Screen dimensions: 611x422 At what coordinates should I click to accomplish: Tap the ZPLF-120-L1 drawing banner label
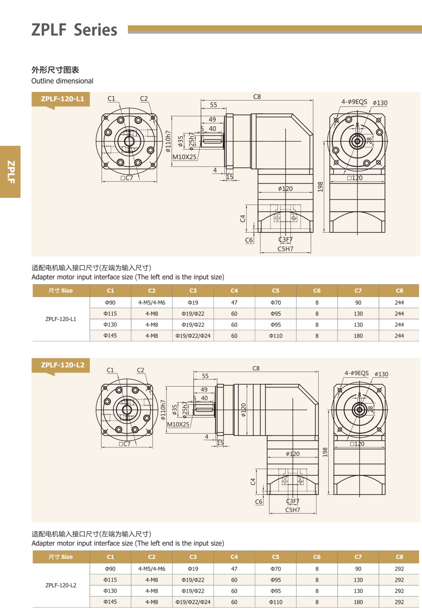[x=62, y=99]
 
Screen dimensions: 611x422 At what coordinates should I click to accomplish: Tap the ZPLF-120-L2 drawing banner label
[x=62, y=365]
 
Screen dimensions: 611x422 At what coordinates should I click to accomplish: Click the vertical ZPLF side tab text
[x=11, y=172]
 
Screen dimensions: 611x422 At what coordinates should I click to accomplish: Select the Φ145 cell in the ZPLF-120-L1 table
[x=110, y=336]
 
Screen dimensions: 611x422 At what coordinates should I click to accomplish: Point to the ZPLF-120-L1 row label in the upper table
[x=61, y=319]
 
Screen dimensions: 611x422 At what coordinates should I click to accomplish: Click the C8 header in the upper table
[x=399, y=291]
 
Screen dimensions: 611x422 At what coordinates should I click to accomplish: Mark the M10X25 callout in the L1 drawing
[x=184, y=157]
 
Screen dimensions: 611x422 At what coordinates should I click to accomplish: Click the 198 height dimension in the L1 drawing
[x=320, y=187]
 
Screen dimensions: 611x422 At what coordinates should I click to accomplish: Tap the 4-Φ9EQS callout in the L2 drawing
[x=356, y=373]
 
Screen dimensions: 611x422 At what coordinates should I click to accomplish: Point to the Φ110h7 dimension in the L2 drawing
[x=163, y=410]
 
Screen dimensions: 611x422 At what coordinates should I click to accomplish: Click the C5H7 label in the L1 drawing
[x=285, y=249]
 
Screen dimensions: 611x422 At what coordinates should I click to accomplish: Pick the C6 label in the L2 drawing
[x=259, y=502]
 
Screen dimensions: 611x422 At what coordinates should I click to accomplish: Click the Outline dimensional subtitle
[x=62, y=81]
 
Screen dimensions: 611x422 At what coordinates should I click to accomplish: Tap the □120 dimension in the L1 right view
[x=355, y=178]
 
